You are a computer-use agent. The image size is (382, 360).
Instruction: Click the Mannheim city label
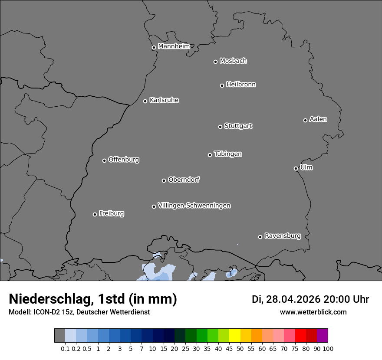174,46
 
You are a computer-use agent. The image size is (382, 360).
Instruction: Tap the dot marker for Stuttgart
220,127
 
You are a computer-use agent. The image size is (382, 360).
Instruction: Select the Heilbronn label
241,84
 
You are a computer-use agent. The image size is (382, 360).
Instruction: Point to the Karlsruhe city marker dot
145,101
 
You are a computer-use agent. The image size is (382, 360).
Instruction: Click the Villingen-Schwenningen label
194,205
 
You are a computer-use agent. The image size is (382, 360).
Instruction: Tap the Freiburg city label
111,213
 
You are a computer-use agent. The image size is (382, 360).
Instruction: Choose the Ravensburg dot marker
260,237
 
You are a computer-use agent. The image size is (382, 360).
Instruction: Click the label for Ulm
306,167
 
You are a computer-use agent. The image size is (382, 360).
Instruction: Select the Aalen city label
318,119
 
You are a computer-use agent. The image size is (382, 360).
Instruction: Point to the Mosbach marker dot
215,62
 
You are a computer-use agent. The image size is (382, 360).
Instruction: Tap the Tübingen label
228,154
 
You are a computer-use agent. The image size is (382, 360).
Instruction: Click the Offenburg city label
124,159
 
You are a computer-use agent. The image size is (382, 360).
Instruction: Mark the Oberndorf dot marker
164,180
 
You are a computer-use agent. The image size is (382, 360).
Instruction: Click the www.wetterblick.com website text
313,312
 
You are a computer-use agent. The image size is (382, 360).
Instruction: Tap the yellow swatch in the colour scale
234,336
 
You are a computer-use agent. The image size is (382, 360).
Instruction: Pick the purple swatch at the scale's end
322,336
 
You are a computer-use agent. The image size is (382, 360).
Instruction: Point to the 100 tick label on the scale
328,348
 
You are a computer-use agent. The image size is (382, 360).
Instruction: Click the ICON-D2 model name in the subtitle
44,312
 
